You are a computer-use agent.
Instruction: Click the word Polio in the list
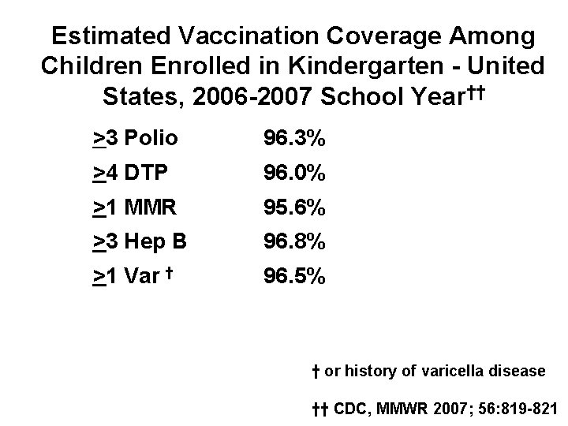point(151,140)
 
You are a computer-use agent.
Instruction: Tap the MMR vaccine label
point(150,208)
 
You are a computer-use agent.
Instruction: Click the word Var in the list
point(141,277)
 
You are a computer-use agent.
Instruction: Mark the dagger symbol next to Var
point(170,272)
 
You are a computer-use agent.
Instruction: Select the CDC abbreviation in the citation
point(349,408)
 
